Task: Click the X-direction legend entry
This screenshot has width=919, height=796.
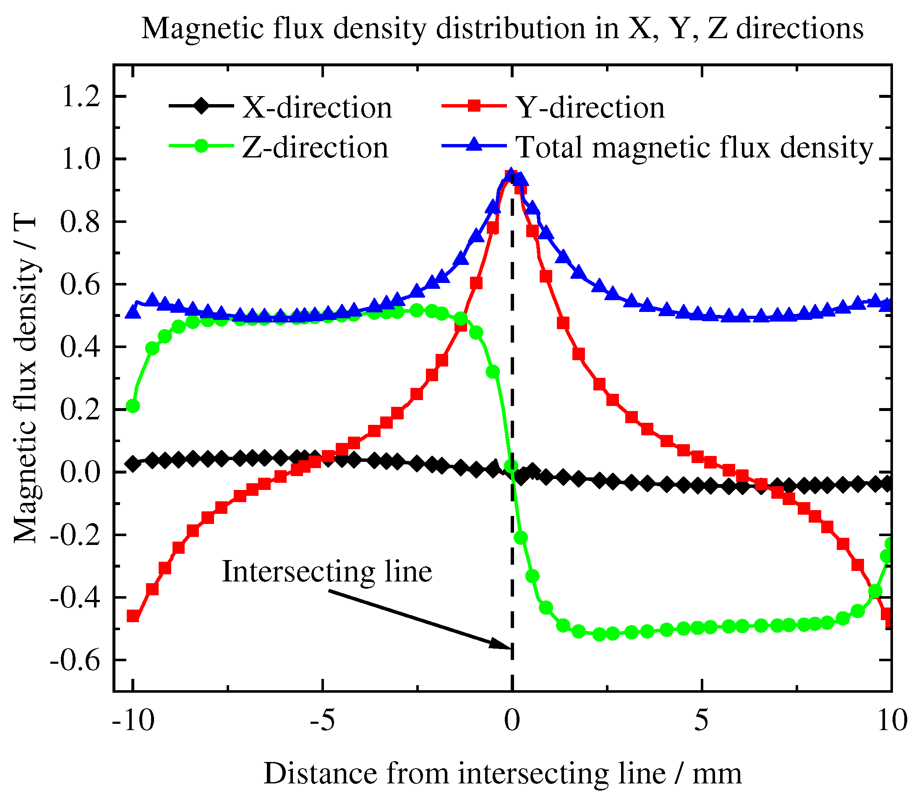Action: click(x=316, y=107)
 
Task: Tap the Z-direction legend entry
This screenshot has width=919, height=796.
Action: click(x=314, y=147)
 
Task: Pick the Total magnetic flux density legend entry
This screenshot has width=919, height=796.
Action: click(x=694, y=147)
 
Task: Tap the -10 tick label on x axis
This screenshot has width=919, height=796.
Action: click(x=133, y=720)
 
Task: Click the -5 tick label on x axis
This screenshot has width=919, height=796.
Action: click(x=322, y=720)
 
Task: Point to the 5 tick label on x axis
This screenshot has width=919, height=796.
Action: click(x=701, y=720)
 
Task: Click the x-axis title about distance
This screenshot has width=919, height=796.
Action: click(x=502, y=773)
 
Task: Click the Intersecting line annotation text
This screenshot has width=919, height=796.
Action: click(x=327, y=571)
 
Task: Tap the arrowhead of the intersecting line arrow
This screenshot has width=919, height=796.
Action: click(x=502, y=644)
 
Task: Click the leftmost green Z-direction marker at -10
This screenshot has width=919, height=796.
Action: click(x=133, y=406)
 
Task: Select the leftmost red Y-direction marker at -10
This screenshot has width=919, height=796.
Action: click(x=133, y=616)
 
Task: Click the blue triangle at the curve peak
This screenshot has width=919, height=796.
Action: click(x=511, y=174)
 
